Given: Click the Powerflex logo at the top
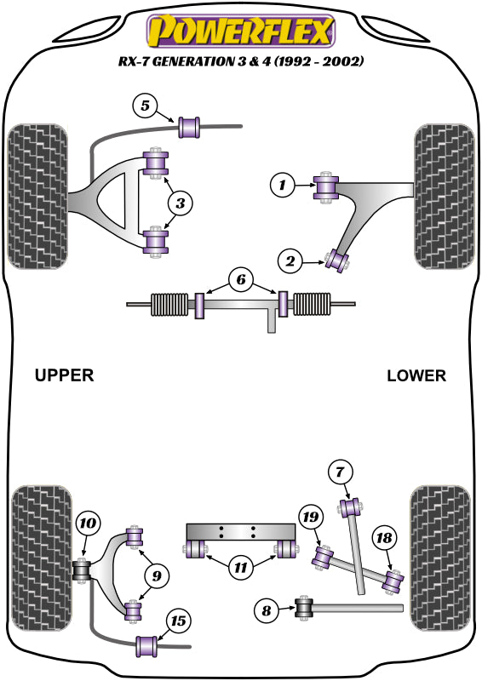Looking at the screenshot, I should pyautogui.click(x=241, y=31).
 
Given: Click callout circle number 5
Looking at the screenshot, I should pyautogui.click(x=146, y=106).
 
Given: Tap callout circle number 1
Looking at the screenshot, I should pyautogui.click(x=283, y=183).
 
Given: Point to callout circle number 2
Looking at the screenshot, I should pyautogui.click(x=291, y=262).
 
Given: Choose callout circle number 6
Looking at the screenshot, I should pyautogui.click(x=241, y=278).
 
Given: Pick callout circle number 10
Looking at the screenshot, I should pyautogui.click(x=87, y=524).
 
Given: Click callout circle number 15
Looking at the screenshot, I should pyautogui.click(x=178, y=621).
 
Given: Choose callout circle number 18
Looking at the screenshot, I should pyautogui.click(x=384, y=538).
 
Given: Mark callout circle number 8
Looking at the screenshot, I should pyautogui.click(x=266, y=609).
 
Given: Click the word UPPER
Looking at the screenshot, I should pyautogui.click(x=64, y=375).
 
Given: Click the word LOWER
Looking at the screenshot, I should pyautogui.click(x=416, y=375).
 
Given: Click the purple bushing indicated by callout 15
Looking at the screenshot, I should pyautogui.click(x=150, y=646).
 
